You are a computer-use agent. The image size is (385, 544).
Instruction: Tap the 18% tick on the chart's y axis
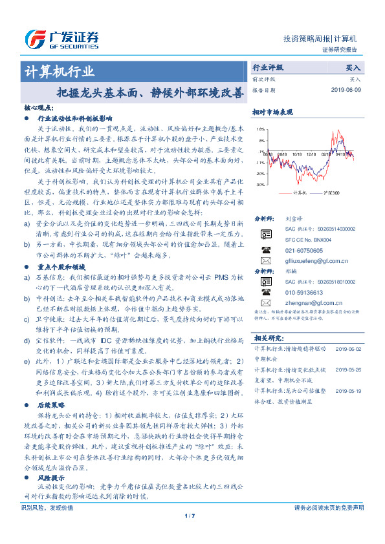click(261, 130)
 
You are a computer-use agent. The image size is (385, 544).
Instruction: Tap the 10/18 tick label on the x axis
click(297, 154)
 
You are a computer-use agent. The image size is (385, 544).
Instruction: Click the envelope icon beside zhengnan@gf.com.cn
click(265, 302)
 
